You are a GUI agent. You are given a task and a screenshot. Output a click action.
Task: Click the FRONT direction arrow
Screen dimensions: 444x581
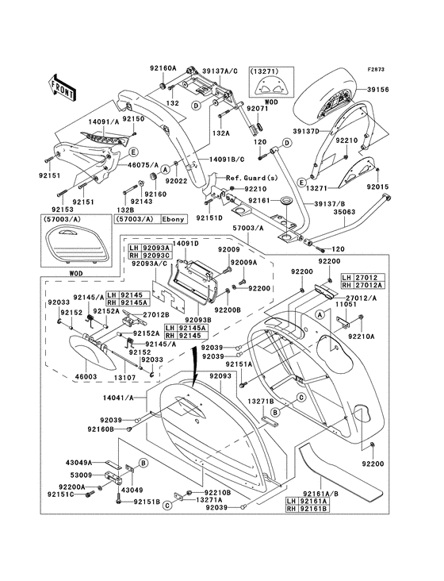(x=62, y=88)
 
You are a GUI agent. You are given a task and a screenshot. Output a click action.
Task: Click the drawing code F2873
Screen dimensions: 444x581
(x=376, y=69)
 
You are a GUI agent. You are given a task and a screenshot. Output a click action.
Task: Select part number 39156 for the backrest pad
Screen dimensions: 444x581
(x=378, y=90)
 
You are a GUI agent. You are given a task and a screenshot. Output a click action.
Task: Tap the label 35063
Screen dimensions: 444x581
(x=344, y=212)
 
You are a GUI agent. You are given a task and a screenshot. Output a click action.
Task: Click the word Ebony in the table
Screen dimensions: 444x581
(x=173, y=219)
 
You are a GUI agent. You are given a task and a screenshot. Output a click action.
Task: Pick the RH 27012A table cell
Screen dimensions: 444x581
(x=363, y=285)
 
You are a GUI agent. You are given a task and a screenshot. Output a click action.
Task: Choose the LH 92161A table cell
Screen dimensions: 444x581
(x=308, y=502)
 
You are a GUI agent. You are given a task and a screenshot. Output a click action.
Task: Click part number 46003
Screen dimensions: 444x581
(x=86, y=377)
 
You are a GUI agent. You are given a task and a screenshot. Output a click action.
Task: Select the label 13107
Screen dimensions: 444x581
(x=124, y=377)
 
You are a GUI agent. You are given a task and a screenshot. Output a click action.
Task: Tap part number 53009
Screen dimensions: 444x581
(x=81, y=475)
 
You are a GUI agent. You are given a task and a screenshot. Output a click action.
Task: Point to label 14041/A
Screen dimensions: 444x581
(x=119, y=398)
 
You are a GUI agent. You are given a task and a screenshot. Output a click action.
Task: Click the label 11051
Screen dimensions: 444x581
(x=346, y=304)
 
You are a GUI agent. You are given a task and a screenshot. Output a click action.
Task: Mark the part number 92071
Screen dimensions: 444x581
(x=257, y=109)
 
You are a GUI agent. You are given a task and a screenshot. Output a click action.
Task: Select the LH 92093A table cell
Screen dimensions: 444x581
(x=150, y=248)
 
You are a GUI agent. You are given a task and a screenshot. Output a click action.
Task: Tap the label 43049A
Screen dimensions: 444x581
(x=78, y=463)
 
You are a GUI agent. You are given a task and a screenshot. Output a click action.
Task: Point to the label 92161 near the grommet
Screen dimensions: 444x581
(x=259, y=201)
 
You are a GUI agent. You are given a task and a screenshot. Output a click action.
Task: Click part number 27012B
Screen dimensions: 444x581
(x=156, y=314)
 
